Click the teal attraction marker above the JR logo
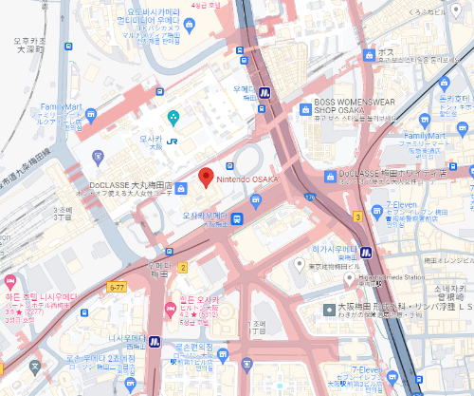[173, 117]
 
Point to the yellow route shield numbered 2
[183, 268]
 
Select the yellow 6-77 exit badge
[117, 286]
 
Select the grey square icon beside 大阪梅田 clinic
[329, 310]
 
